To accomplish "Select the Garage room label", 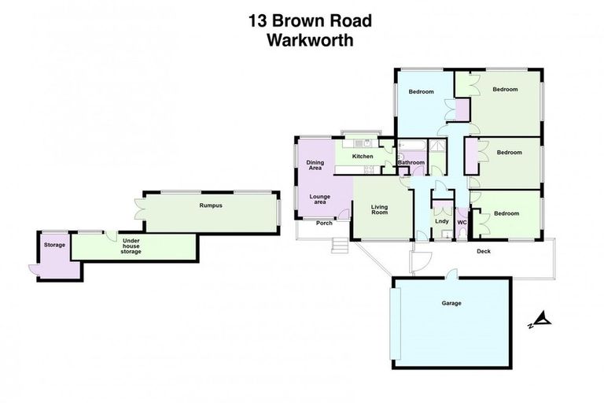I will [451, 303].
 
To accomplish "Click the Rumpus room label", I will [211, 206].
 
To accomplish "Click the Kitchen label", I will [363, 157].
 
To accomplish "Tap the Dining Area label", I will [315, 166].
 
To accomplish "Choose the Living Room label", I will [380, 210].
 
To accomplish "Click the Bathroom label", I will [411, 163].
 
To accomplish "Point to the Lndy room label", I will [441, 221].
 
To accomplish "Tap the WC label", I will [462, 222].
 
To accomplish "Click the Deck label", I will [484, 252].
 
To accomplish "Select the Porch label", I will [324, 223].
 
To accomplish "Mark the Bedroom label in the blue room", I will [422, 92].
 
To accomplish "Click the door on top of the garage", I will [451, 274].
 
